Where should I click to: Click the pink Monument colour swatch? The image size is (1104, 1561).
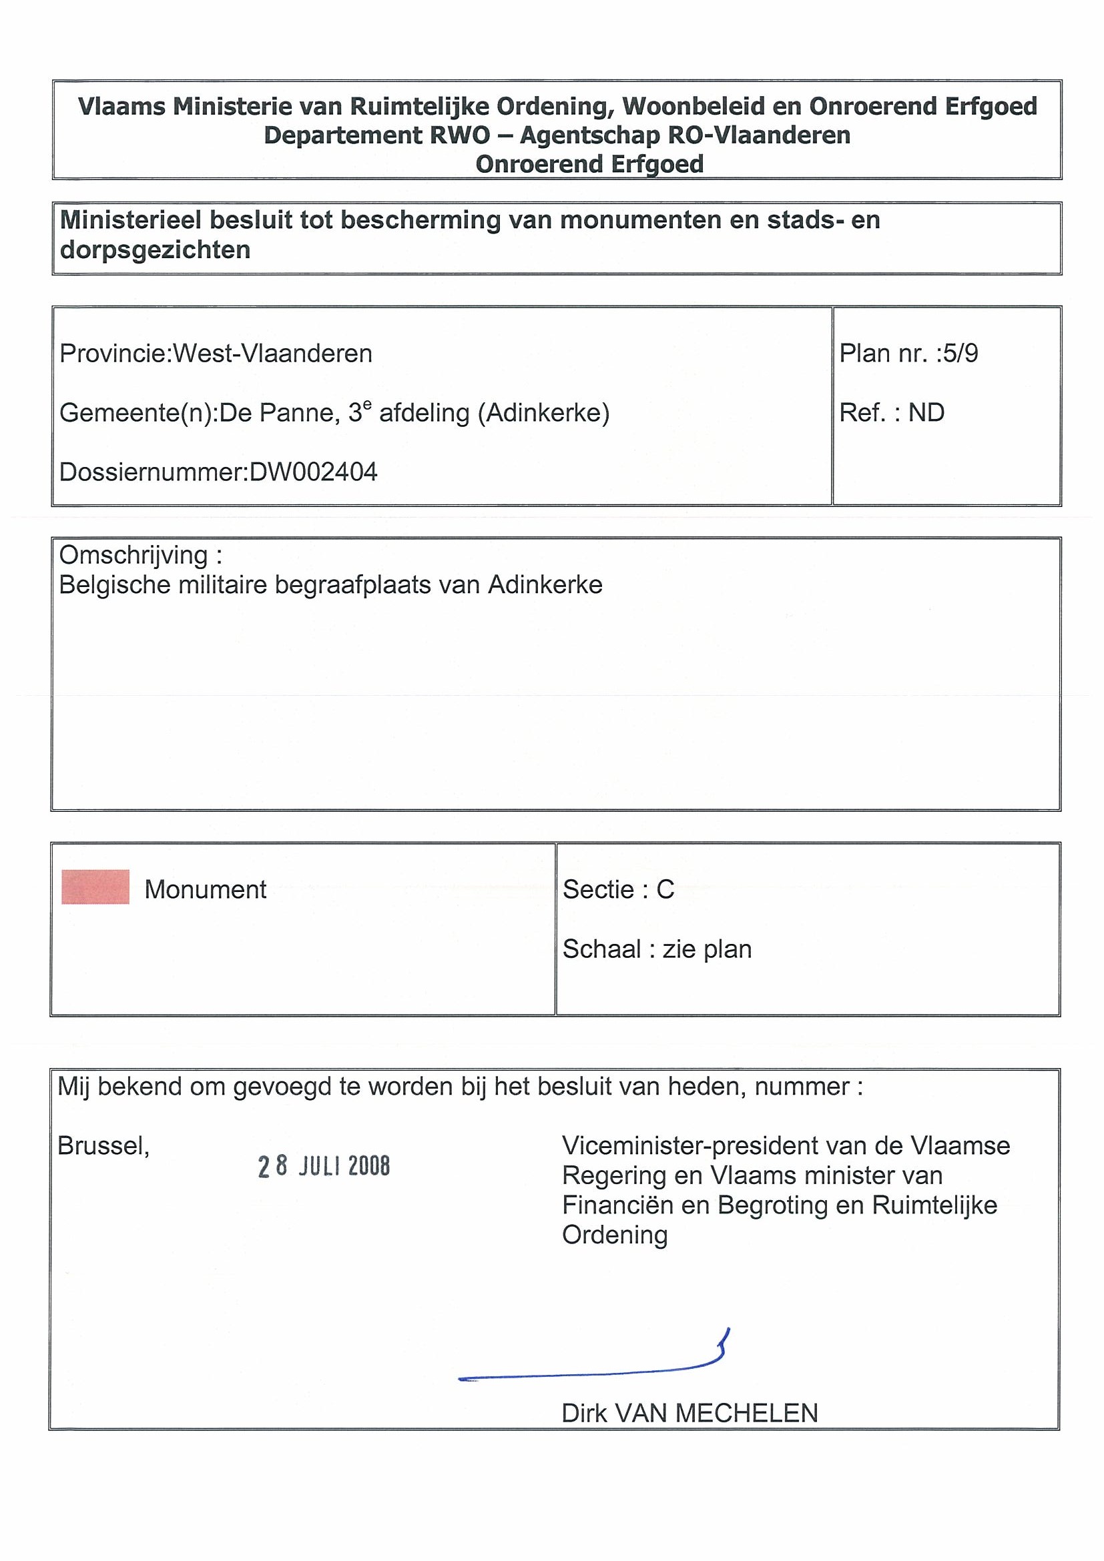tap(95, 887)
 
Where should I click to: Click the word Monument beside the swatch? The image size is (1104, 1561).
tap(205, 889)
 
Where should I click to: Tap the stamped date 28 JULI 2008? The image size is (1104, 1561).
tap(324, 1166)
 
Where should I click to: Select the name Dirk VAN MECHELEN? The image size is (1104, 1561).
tap(689, 1414)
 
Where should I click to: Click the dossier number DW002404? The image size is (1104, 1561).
tap(314, 472)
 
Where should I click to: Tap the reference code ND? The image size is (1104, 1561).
tap(926, 413)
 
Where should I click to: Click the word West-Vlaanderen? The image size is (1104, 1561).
tap(273, 354)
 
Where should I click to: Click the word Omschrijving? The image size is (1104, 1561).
tap(133, 556)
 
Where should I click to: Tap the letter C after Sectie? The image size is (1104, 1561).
tap(665, 889)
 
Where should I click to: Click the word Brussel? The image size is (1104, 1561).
tap(103, 1146)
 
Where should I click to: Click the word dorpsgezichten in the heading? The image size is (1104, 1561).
tap(155, 250)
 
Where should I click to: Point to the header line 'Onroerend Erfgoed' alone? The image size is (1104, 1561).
tap(589, 165)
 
